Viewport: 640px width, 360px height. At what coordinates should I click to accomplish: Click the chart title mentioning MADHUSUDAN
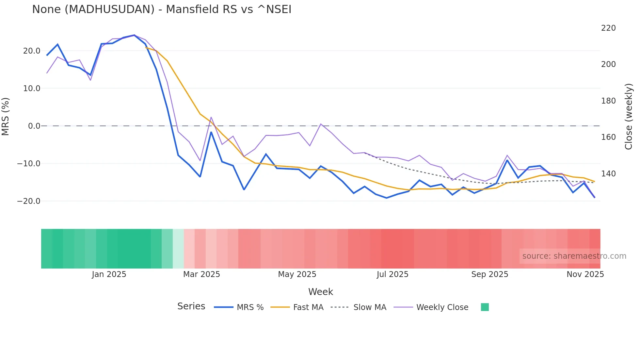[x=162, y=9]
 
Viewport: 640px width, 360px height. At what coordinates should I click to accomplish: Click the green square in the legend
[x=485, y=307]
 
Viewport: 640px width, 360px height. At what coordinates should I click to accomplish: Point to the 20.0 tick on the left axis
[x=32, y=51]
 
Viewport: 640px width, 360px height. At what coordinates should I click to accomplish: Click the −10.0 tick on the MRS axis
[x=29, y=164]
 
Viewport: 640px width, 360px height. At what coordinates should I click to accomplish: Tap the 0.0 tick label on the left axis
[x=34, y=126]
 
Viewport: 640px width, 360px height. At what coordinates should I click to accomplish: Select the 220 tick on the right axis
[x=608, y=28]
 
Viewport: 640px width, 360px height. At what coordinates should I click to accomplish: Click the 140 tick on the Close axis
[x=608, y=174]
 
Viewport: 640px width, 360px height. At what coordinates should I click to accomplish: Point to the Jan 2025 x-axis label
[x=109, y=274]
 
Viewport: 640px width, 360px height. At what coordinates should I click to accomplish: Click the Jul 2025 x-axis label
[x=392, y=274]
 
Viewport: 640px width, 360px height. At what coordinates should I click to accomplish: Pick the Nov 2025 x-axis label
[x=585, y=274]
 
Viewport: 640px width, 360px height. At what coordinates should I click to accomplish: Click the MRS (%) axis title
[x=6, y=117]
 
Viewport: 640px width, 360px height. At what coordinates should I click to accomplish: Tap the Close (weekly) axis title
[x=628, y=117]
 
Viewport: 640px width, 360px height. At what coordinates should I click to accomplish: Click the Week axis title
[x=320, y=292]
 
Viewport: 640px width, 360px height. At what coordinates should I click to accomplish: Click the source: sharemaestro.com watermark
[x=574, y=256]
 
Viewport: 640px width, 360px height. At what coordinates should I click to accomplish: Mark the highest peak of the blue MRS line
[x=134, y=35]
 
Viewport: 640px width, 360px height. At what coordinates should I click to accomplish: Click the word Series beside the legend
[x=191, y=306]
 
